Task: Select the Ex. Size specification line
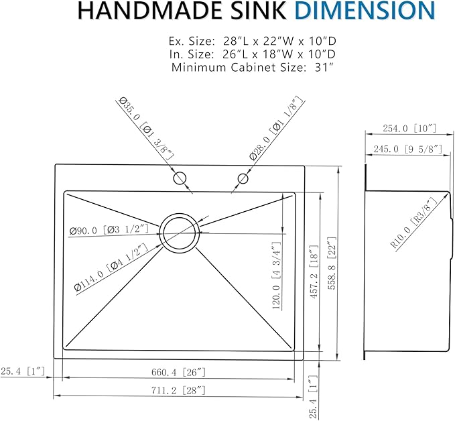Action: point(253,40)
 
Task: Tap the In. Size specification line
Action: point(253,53)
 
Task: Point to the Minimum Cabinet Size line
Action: point(253,67)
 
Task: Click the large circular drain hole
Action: point(180,233)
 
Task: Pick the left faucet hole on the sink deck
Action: point(180,179)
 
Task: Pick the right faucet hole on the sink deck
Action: point(243,179)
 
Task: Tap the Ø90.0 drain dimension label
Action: point(108,231)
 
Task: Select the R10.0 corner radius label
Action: point(413,223)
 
